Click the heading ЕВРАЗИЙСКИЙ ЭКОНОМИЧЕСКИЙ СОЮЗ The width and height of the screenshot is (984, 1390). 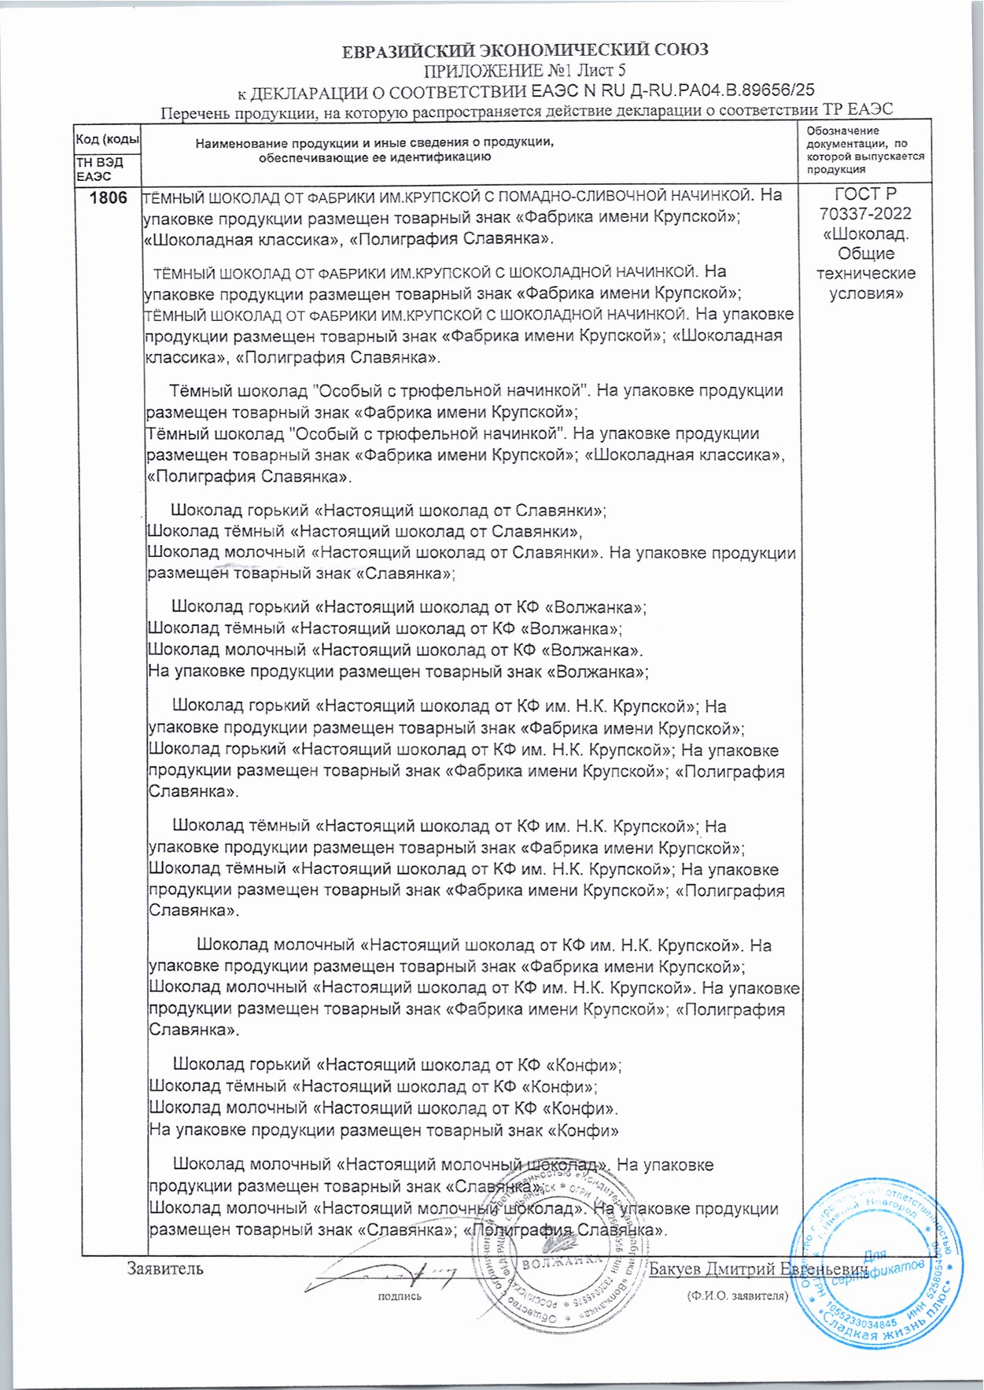[525, 50]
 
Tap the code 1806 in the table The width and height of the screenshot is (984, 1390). [108, 197]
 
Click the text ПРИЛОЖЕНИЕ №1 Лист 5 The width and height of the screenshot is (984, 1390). [525, 71]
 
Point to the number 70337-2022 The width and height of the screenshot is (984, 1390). [865, 214]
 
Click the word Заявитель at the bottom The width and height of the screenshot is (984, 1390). [165, 1268]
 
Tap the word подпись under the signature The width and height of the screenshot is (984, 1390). [400, 1296]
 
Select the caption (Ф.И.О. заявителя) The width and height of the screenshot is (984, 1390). [737, 1295]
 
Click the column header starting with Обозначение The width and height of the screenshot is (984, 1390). [865, 149]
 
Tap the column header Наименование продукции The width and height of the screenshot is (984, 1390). [375, 149]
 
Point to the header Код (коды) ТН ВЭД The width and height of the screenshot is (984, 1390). [108, 153]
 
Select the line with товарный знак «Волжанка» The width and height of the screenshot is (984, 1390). [398, 672]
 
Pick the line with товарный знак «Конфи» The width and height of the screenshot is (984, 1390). [384, 1130]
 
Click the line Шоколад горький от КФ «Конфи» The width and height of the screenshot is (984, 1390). [397, 1065]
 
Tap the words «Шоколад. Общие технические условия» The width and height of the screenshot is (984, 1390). [865, 264]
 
